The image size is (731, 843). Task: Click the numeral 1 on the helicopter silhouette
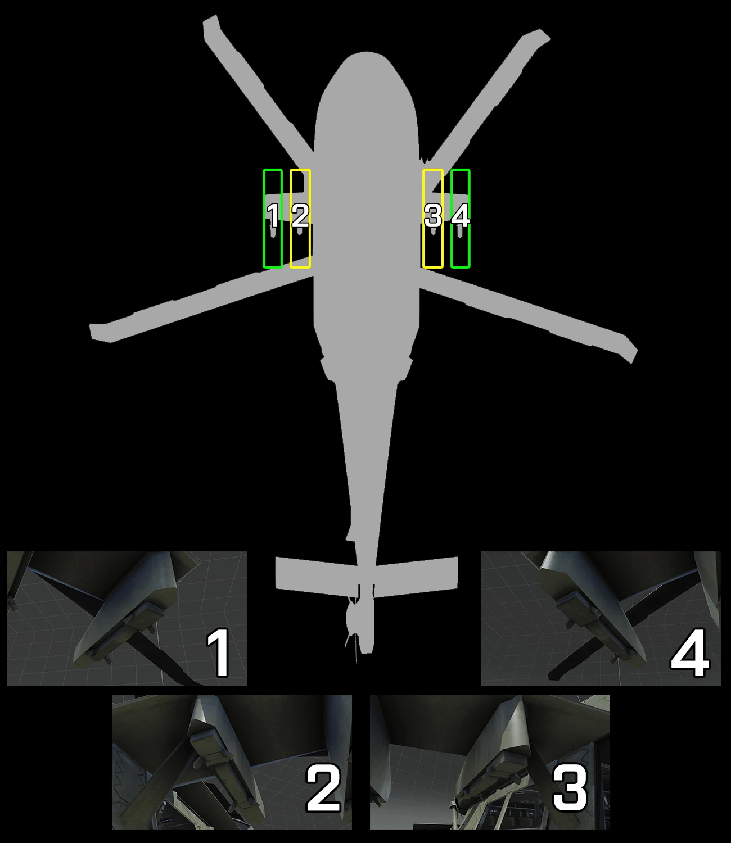click(273, 216)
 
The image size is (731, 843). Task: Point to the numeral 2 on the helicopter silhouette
click(300, 216)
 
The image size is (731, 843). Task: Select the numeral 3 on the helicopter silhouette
click(433, 216)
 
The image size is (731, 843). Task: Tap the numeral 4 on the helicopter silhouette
click(461, 216)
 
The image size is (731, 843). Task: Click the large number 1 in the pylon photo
click(218, 653)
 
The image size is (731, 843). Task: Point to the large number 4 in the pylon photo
click(689, 653)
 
